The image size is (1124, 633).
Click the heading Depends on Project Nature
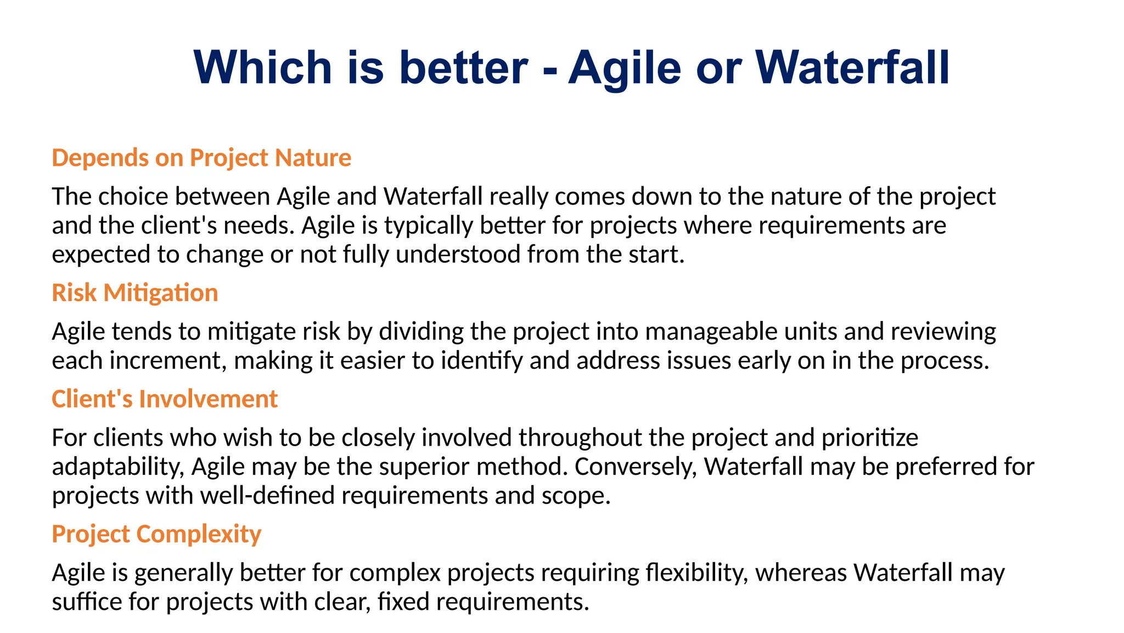click(201, 158)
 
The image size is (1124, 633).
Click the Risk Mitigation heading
click(135, 293)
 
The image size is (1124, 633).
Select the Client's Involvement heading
click(165, 399)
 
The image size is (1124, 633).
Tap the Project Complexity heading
click(156, 534)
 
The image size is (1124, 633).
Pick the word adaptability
click(117, 467)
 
